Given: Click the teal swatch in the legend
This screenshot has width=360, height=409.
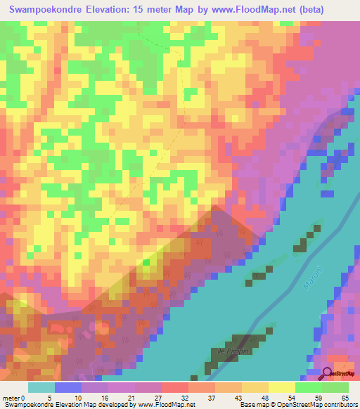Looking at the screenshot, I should click(x=41, y=388).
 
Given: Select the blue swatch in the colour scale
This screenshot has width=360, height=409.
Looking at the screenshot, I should click(x=68, y=388).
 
